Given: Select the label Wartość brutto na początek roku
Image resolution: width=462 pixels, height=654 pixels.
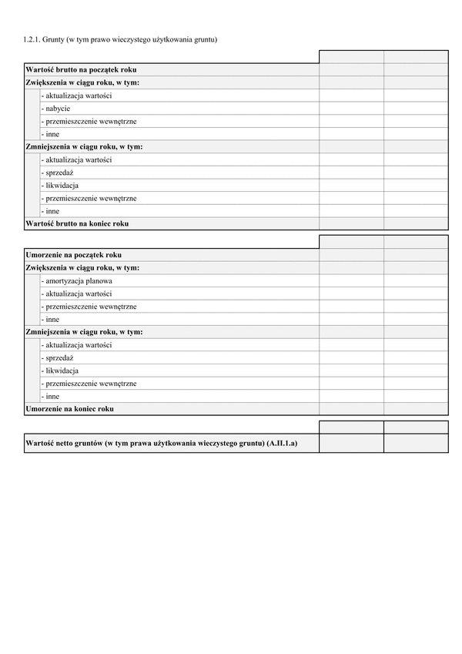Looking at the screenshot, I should (x=81, y=69).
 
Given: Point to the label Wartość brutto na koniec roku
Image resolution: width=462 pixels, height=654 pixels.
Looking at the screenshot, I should (x=77, y=223).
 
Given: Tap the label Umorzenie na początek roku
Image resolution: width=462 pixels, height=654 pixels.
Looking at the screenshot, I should (x=73, y=255).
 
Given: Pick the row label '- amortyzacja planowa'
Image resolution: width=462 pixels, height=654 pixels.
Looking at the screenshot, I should (x=77, y=281).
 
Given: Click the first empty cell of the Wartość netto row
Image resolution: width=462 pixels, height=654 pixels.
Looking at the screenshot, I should (x=351, y=443).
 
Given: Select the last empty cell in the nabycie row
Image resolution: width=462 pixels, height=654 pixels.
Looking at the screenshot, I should (x=416, y=109).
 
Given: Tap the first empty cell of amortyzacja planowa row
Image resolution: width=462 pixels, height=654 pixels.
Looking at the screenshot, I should (x=351, y=281).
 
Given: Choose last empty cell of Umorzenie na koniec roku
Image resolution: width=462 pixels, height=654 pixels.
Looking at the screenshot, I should (x=416, y=409).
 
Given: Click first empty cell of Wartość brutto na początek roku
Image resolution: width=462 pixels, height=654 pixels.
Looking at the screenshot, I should (x=351, y=69).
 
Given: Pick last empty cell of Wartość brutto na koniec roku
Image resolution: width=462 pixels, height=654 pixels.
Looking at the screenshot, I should (x=416, y=223).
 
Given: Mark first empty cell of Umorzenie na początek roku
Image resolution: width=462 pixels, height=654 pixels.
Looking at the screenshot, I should (x=351, y=255).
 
